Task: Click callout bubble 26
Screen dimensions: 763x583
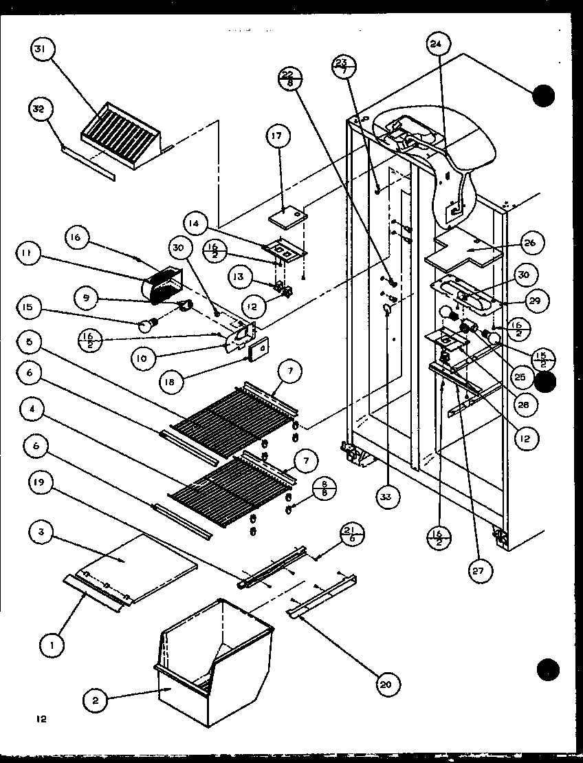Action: coord(532,242)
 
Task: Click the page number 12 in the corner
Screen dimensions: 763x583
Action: coord(42,720)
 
